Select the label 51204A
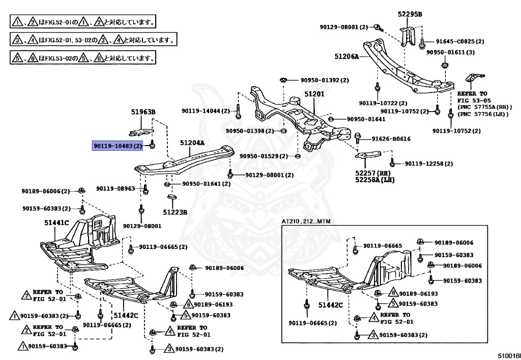(x=192, y=144)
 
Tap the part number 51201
(x=314, y=95)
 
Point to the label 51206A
(x=347, y=57)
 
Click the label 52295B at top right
(x=411, y=14)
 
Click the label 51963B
(x=143, y=112)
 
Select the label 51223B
(x=176, y=212)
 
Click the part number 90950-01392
(x=324, y=80)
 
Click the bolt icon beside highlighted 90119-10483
(x=153, y=147)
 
